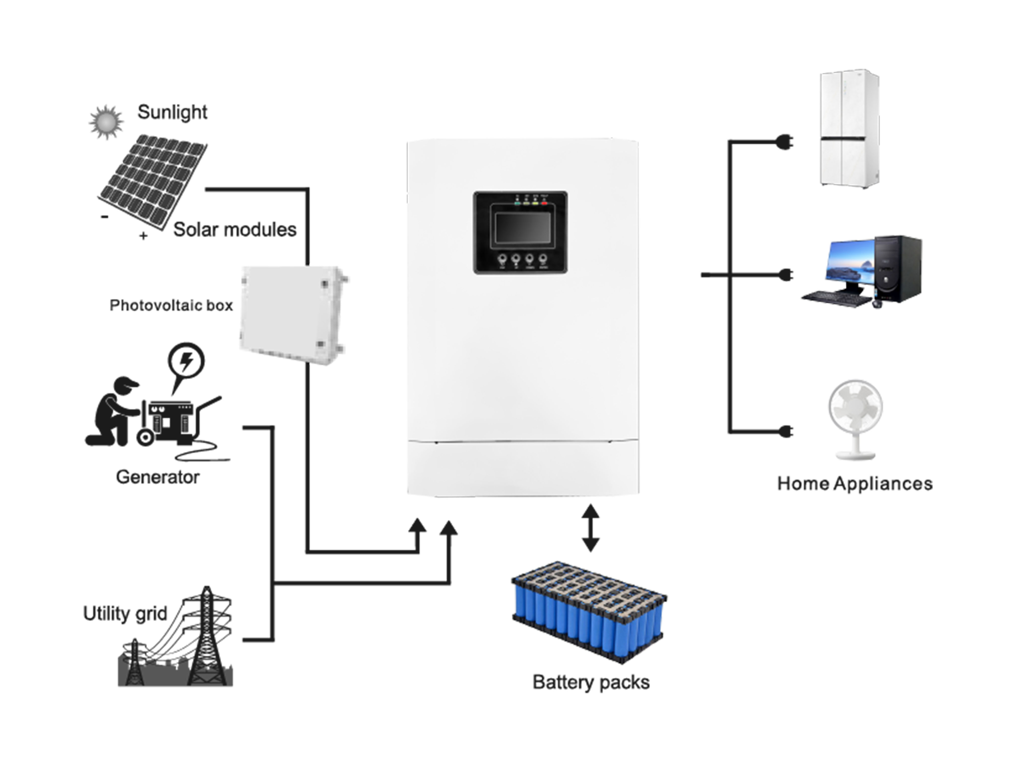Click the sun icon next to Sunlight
pyautogui.click(x=106, y=122)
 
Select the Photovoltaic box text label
pyautogui.click(x=171, y=305)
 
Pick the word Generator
pyautogui.click(x=157, y=477)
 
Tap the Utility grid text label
pyautogui.click(x=125, y=614)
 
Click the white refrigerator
pyautogui.click(x=850, y=128)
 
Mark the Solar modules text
pyautogui.click(x=235, y=230)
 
